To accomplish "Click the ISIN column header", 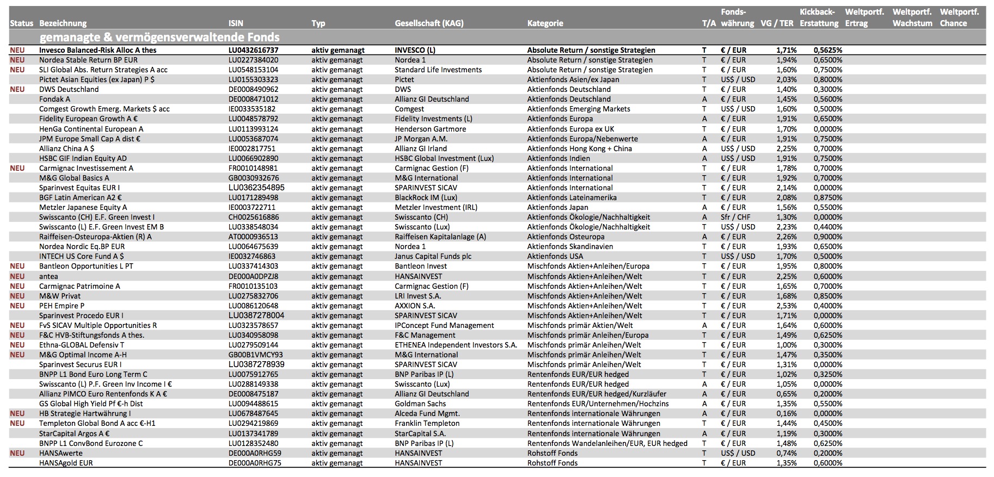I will (236, 23).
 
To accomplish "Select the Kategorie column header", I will (545, 23).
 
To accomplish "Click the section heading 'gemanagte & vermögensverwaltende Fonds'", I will (159, 38).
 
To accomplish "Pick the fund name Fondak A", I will (54, 99).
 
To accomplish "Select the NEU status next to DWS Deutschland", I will (17, 89).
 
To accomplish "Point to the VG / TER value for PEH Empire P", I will (787, 306).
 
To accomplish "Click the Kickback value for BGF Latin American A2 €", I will (827, 197).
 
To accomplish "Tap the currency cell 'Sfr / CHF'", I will (735, 217).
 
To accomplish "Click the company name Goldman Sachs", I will (420, 404).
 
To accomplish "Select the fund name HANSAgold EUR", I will (66, 463).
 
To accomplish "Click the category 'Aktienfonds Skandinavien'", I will (570, 246).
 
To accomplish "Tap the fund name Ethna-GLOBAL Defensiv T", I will (82, 345).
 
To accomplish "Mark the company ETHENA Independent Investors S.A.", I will (456, 345).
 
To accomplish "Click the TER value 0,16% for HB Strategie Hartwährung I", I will (787, 413).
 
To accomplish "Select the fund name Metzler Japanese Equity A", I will (83, 207).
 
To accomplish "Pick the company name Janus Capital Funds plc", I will (433, 256).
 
